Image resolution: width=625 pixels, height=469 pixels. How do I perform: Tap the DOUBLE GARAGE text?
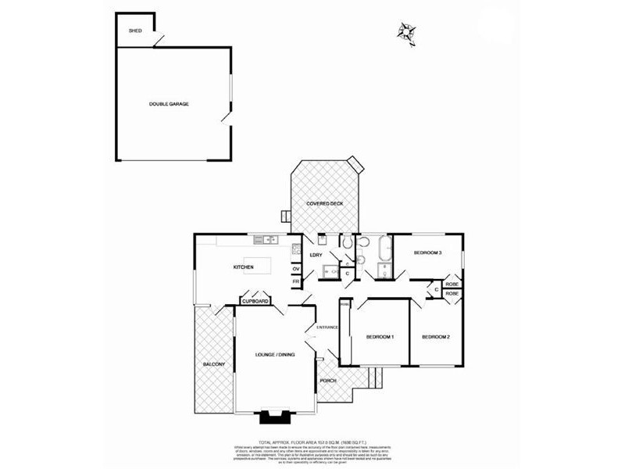click(x=169, y=104)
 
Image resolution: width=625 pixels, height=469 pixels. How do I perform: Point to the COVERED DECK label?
click(x=325, y=203)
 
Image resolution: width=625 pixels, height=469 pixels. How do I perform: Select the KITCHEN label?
click(x=244, y=268)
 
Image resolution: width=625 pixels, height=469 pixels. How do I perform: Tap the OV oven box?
click(x=296, y=269)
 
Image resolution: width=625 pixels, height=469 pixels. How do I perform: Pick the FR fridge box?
click(x=296, y=281)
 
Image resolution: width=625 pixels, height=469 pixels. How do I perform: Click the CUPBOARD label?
click(x=255, y=301)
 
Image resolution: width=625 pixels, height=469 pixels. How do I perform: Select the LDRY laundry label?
click(x=316, y=255)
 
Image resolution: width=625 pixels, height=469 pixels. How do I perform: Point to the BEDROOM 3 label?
click(x=428, y=253)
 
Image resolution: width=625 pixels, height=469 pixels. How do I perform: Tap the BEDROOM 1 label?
click(x=380, y=337)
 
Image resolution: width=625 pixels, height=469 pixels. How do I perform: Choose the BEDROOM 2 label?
click(x=435, y=337)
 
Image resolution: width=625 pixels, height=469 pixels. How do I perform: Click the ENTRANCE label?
click(x=326, y=327)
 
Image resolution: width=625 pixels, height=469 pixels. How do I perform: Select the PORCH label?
click(x=329, y=381)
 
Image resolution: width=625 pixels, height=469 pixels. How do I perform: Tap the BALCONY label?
click(x=213, y=365)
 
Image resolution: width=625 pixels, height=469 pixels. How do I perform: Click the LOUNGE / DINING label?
click(x=275, y=356)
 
